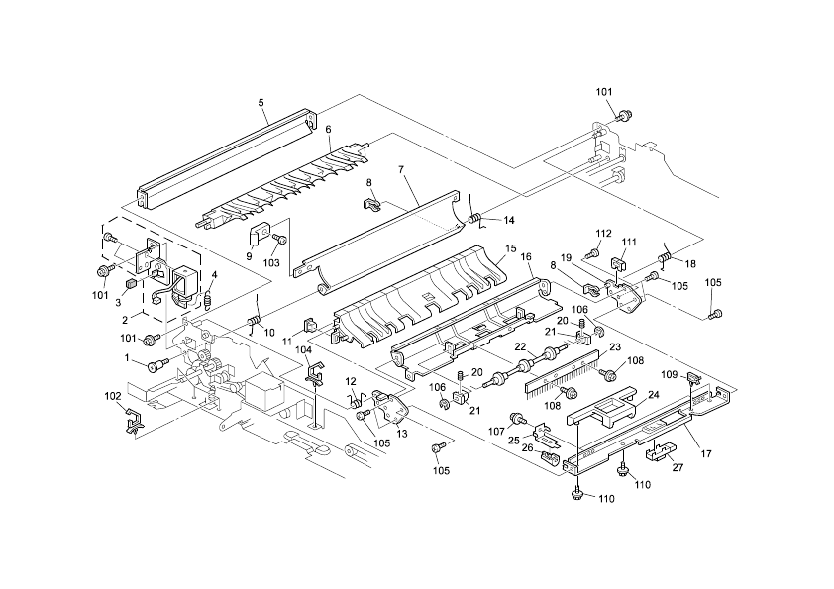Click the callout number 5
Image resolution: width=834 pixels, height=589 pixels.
(261, 102)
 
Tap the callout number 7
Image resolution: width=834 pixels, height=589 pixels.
(401, 170)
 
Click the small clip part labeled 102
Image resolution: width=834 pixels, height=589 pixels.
(129, 422)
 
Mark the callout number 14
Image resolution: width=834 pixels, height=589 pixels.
(509, 219)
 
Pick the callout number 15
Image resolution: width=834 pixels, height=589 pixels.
(510, 246)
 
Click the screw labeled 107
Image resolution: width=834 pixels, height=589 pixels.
(516, 418)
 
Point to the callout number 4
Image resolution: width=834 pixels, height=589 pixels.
(214, 276)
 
